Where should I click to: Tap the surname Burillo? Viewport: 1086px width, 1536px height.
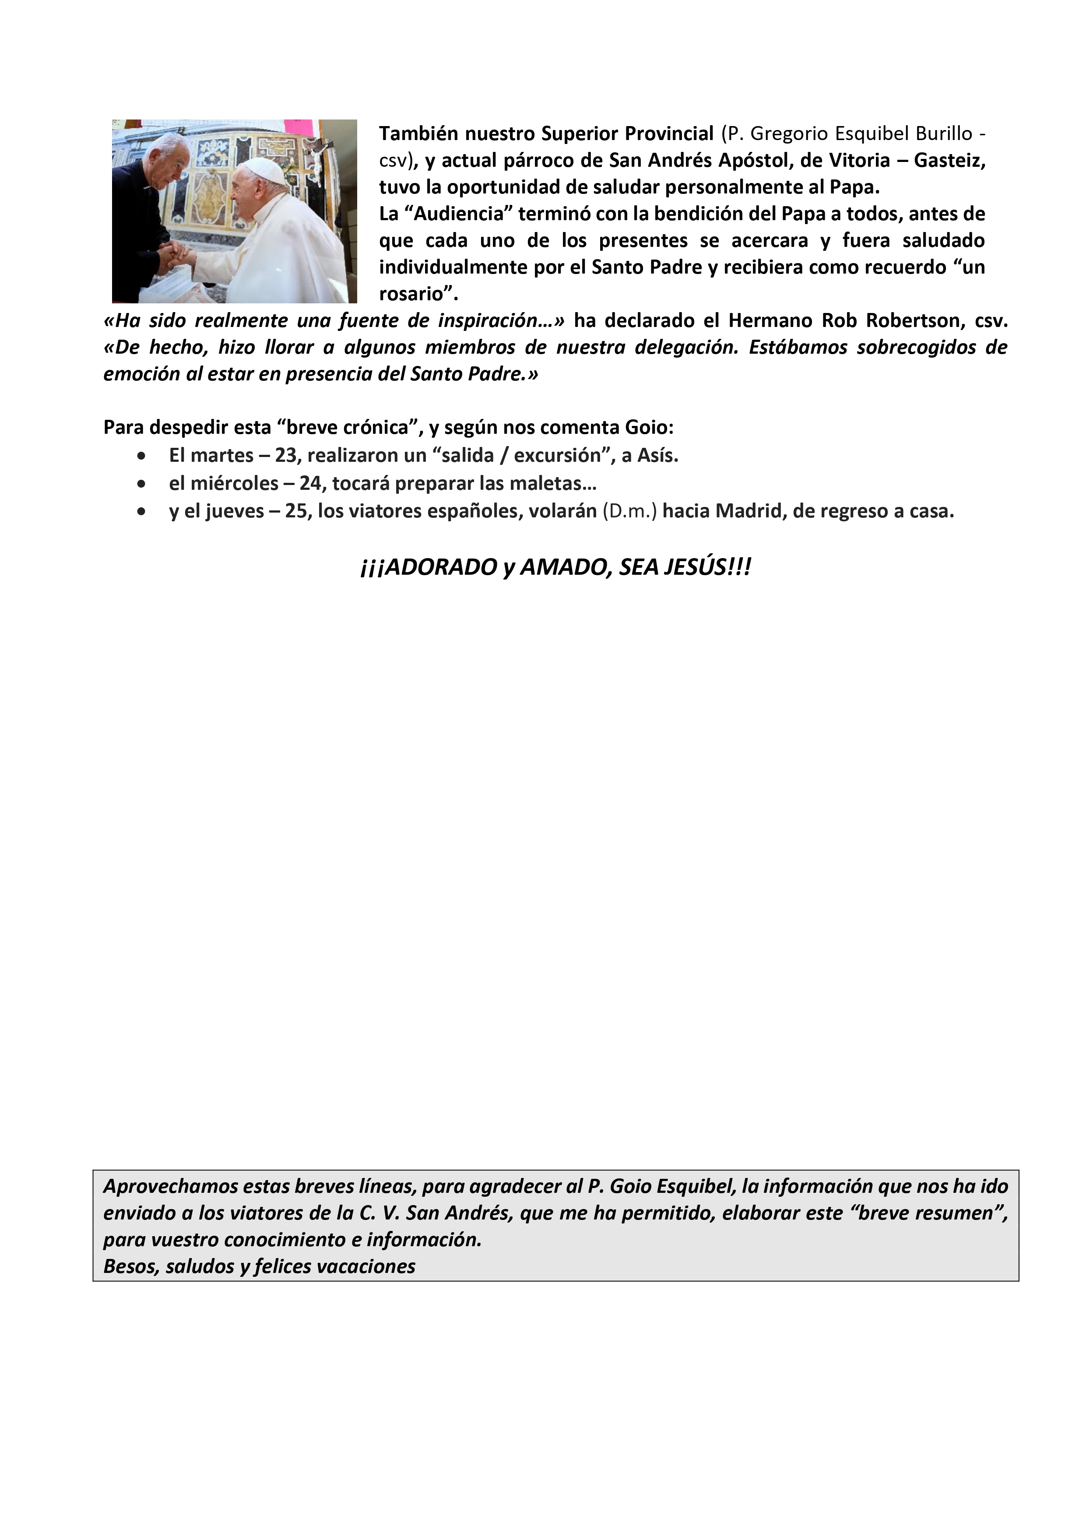pyautogui.click(x=944, y=134)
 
